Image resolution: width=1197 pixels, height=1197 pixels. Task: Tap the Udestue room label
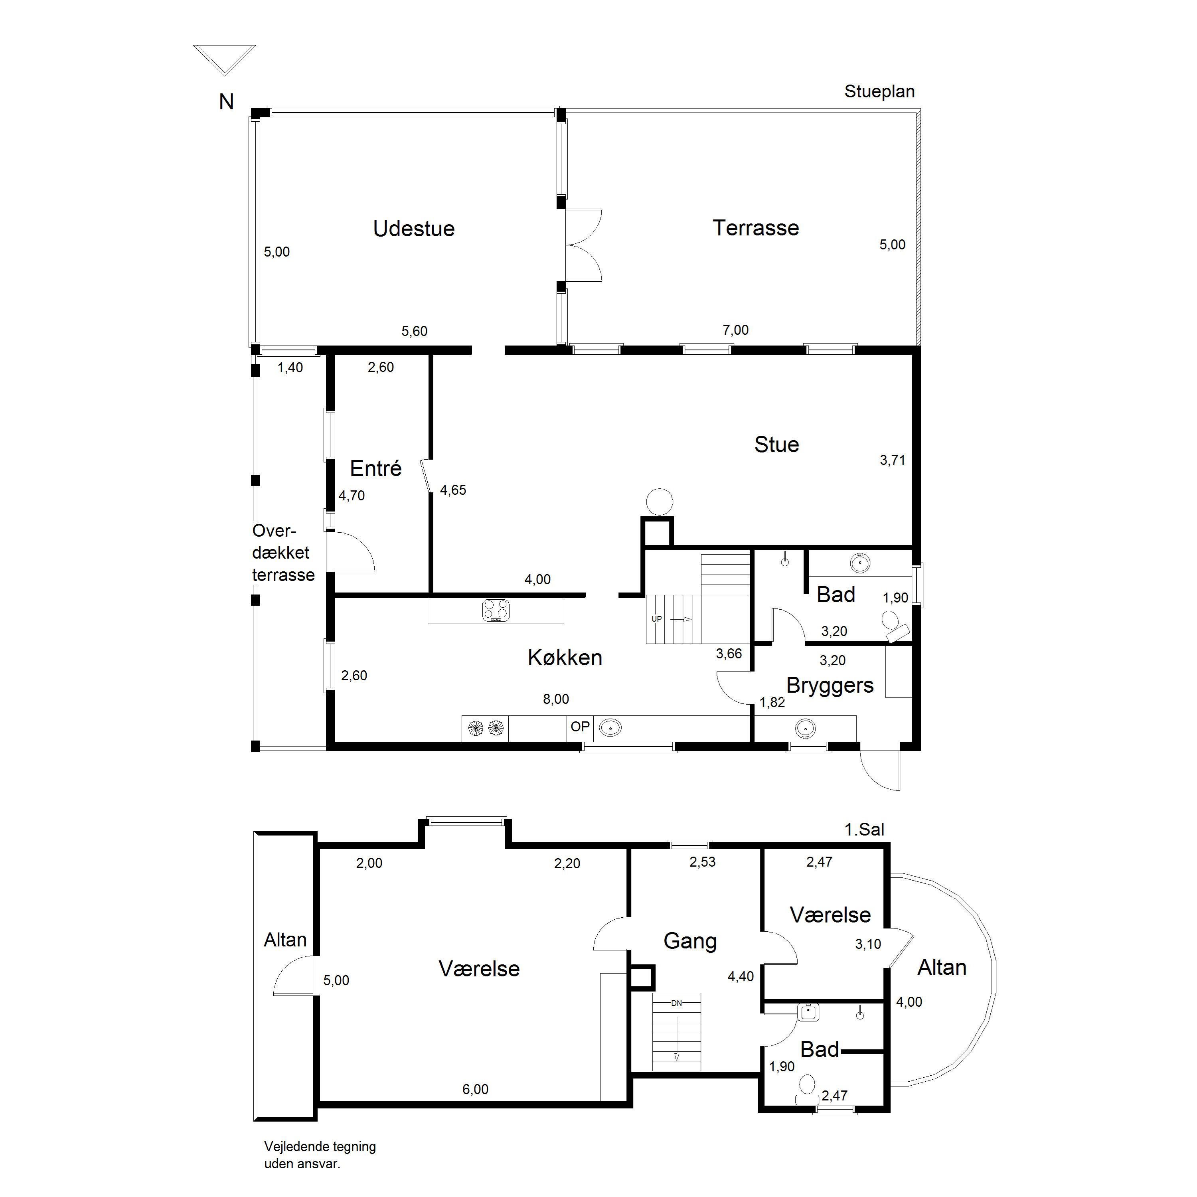(414, 229)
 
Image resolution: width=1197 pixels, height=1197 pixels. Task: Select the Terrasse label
(755, 227)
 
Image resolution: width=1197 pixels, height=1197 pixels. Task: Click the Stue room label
(776, 444)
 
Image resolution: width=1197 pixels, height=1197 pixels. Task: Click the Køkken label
(565, 658)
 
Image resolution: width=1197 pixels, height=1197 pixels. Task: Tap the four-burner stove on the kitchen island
(496, 610)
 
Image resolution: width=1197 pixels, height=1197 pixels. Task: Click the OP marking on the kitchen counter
(580, 726)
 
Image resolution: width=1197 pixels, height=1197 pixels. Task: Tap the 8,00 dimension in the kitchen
(556, 699)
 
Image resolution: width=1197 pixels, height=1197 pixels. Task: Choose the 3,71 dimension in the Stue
(892, 460)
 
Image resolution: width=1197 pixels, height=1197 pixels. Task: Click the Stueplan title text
(879, 92)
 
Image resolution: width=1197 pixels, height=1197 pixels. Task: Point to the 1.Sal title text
(864, 829)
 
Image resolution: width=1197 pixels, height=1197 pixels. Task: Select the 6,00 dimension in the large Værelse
(475, 1106)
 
